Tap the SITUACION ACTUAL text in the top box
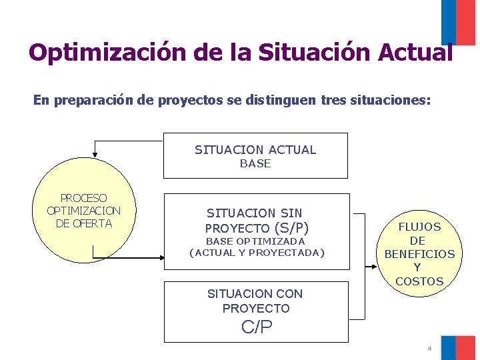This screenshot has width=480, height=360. point(255,149)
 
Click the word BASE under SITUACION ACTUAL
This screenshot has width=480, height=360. point(255,163)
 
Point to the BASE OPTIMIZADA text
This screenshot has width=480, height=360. point(255,241)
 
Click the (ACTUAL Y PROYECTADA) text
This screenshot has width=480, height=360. point(257,253)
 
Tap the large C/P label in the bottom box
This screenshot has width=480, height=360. point(257,327)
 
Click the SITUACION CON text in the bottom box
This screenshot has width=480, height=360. point(255,293)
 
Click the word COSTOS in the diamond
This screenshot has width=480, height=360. point(419,281)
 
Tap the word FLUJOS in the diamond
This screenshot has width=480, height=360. point(419,227)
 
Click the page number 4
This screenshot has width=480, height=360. point(429,348)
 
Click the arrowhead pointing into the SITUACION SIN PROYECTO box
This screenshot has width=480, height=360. point(160,258)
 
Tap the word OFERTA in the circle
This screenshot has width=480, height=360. point(93,223)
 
